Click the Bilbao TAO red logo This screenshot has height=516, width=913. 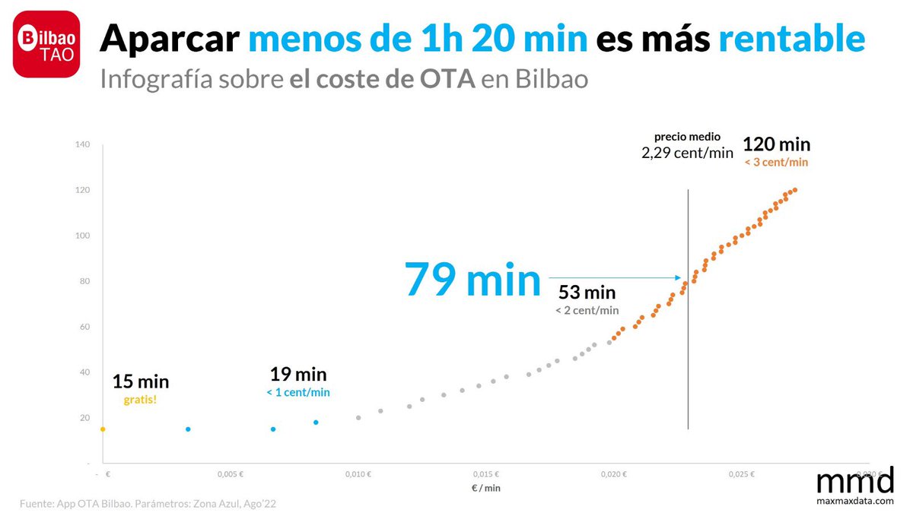[x=46, y=44]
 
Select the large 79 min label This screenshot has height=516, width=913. [x=472, y=279]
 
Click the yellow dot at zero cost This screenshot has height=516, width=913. [x=103, y=429]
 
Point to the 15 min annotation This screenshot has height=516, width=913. [x=141, y=381]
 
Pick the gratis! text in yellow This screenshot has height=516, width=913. [x=141, y=399]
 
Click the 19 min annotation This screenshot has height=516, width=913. [x=298, y=374]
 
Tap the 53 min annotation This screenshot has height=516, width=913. [x=587, y=293]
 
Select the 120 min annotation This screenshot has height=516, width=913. [x=776, y=144]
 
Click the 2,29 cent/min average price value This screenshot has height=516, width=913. [x=687, y=153]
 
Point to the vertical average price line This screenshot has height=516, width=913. [x=689, y=342]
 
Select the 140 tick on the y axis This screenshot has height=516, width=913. [x=82, y=144]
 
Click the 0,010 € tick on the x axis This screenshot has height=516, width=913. [x=358, y=474]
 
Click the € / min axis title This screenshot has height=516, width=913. [x=485, y=488]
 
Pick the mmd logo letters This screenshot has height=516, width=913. [x=854, y=481]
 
